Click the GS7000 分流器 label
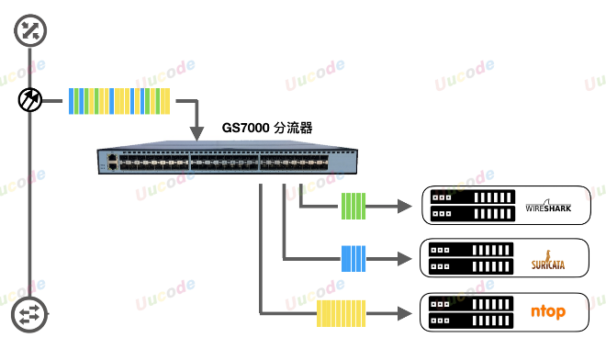[x=268, y=129]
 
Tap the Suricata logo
[x=548, y=260]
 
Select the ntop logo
[x=548, y=313]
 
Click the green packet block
[x=353, y=206]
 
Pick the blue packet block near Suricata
[x=353, y=259]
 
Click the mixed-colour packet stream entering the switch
[x=120, y=100]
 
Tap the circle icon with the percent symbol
[x=32, y=31]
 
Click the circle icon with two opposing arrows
[x=30, y=315]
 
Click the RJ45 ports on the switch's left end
[x=111, y=163]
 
